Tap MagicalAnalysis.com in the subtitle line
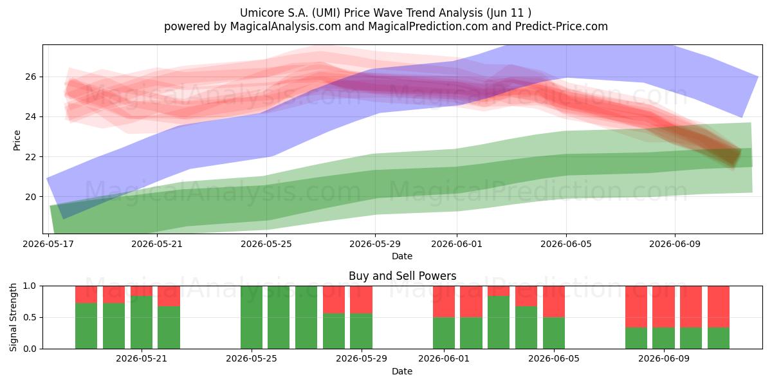286,26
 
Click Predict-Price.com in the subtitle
562,26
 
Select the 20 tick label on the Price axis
31,197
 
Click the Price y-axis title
17,140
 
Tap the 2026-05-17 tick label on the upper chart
48,244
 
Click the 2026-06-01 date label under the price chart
457,244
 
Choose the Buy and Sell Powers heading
402,276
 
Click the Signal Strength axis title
13,317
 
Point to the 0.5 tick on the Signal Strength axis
30,317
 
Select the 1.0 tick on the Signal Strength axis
30,286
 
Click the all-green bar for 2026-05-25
252,317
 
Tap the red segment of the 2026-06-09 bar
664,307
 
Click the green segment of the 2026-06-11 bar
719,338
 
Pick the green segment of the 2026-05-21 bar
142,322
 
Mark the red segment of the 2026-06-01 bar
444,302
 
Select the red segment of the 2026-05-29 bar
361,300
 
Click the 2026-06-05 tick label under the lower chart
554,359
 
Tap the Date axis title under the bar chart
402,371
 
